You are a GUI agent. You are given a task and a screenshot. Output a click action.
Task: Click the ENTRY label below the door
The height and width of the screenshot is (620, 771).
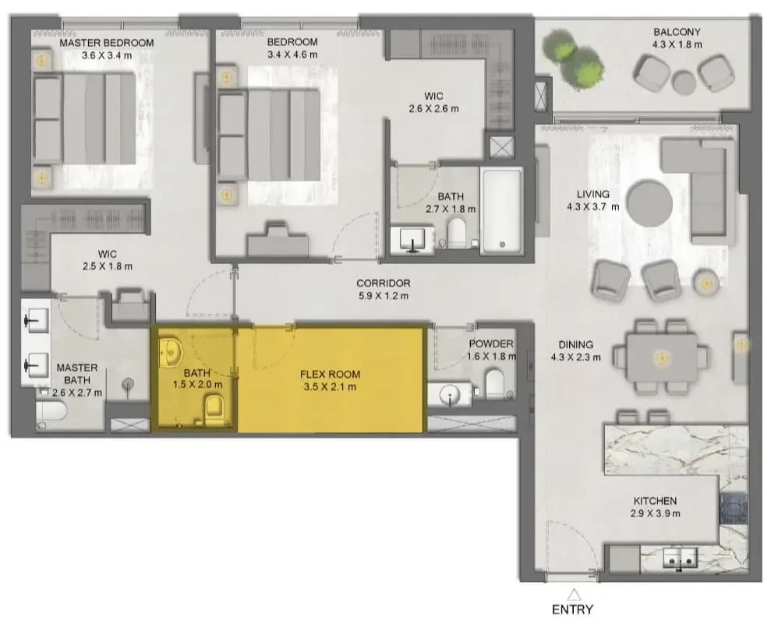click(572, 610)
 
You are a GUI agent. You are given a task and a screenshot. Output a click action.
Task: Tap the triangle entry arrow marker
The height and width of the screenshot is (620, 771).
click(573, 595)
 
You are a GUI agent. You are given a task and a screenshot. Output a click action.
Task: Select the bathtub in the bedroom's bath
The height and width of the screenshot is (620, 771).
click(501, 211)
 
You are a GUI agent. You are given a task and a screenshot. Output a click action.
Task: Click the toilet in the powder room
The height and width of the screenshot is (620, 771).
click(495, 384)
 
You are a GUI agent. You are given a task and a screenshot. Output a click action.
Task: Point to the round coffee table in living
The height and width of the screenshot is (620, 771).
click(649, 205)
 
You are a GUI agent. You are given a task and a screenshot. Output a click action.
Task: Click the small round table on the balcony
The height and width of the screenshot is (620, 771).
click(684, 82)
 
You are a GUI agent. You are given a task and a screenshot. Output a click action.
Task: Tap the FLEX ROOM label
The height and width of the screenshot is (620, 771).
click(330, 375)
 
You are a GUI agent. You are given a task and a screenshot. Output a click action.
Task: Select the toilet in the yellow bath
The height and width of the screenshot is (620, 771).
click(214, 410)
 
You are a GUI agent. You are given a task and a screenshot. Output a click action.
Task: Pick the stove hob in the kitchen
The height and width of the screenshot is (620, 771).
click(733, 509)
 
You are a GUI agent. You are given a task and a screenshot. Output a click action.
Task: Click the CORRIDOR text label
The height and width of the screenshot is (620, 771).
click(383, 283)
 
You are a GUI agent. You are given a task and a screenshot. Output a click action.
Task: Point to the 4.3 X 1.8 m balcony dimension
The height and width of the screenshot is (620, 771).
click(677, 44)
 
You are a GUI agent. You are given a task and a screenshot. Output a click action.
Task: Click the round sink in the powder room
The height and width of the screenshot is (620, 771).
click(449, 394)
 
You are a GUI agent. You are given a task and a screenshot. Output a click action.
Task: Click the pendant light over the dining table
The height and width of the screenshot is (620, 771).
click(662, 358)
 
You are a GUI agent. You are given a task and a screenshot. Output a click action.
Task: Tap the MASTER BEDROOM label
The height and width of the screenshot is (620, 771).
click(107, 43)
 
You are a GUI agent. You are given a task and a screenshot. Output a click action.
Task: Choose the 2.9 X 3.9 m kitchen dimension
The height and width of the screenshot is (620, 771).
click(656, 514)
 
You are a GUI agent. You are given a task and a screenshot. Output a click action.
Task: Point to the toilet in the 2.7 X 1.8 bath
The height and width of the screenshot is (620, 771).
click(456, 232)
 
